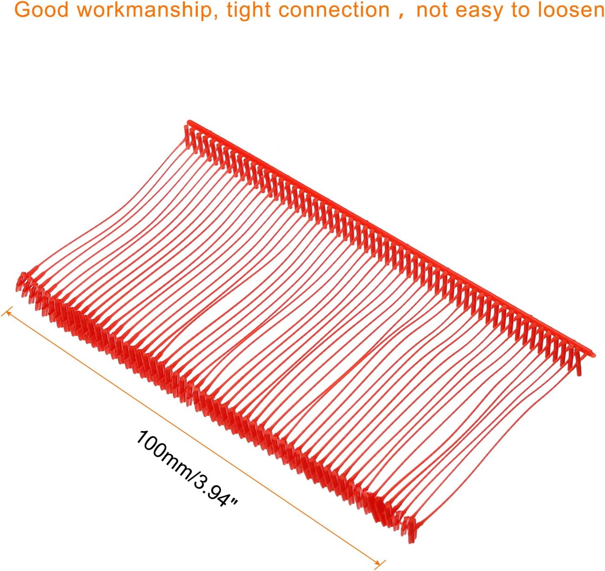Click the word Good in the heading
(x=41, y=10)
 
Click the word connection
(x=334, y=10)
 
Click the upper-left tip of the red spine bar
(x=188, y=122)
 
